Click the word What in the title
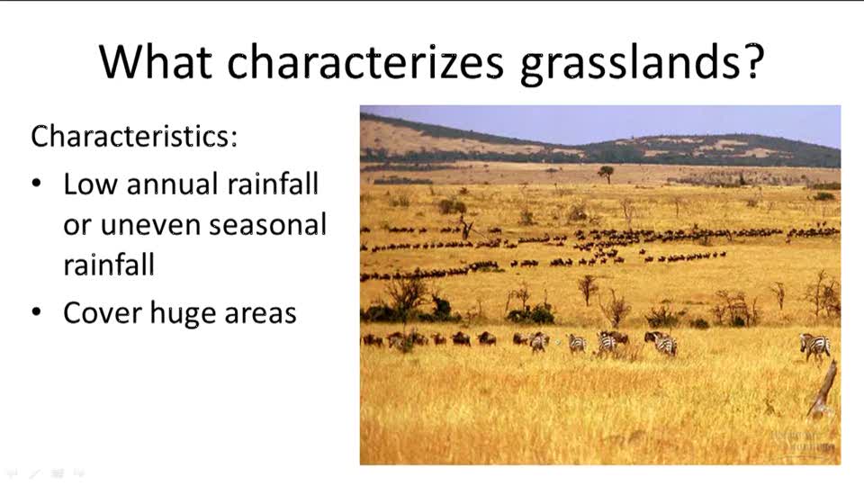(x=156, y=61)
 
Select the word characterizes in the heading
(x=365, y=61)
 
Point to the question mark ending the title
(x=752, y=60)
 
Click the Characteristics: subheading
(x=134, y=136)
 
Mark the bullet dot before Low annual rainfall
(x=37, y=184)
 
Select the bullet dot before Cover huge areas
(x=37, y=312)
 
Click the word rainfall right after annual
(x=273, y=184)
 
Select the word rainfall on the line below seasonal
(x=109, y=265)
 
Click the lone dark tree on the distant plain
(x=606, y=174)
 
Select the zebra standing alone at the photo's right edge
(x=815, y=347)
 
